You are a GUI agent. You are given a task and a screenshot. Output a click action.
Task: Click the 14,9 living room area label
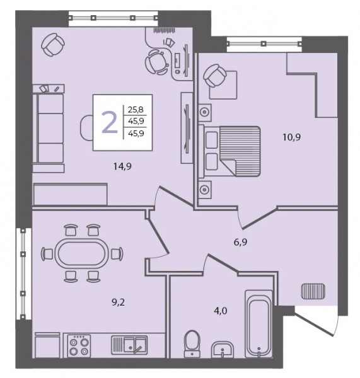[122, 166]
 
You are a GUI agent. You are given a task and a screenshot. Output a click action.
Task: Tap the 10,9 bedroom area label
[291, 137]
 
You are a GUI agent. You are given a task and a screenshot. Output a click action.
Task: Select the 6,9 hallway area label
[240, 242]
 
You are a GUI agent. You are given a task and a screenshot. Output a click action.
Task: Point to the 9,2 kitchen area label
[119, 302]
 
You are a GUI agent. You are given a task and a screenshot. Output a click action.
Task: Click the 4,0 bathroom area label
[221, 311]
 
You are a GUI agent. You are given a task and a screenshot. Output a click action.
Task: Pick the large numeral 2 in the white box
[110, 122]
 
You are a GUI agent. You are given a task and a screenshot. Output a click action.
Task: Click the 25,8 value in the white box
[136, 110]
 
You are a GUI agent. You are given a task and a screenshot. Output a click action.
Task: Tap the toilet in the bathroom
[192, 344]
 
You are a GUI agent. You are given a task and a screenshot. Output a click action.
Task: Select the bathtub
[258, 324]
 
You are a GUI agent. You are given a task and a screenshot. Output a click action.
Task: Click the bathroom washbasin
[222, 350]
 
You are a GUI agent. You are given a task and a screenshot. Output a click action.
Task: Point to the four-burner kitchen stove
[79, 346]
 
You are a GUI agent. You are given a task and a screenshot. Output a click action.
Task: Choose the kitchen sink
[129, 345]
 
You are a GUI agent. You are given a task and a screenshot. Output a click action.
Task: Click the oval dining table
[82, 253]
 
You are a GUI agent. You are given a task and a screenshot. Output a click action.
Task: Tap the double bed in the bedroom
[229, 151]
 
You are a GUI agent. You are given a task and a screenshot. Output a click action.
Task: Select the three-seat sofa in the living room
[49, 128]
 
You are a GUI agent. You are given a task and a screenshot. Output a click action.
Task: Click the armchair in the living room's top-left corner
[52, 45]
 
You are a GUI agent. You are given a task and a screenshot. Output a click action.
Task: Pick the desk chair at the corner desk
[156, 62]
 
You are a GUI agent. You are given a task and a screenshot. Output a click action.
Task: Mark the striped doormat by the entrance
[313, 291]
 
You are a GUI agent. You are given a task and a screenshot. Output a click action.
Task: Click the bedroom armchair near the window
[215, 76]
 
